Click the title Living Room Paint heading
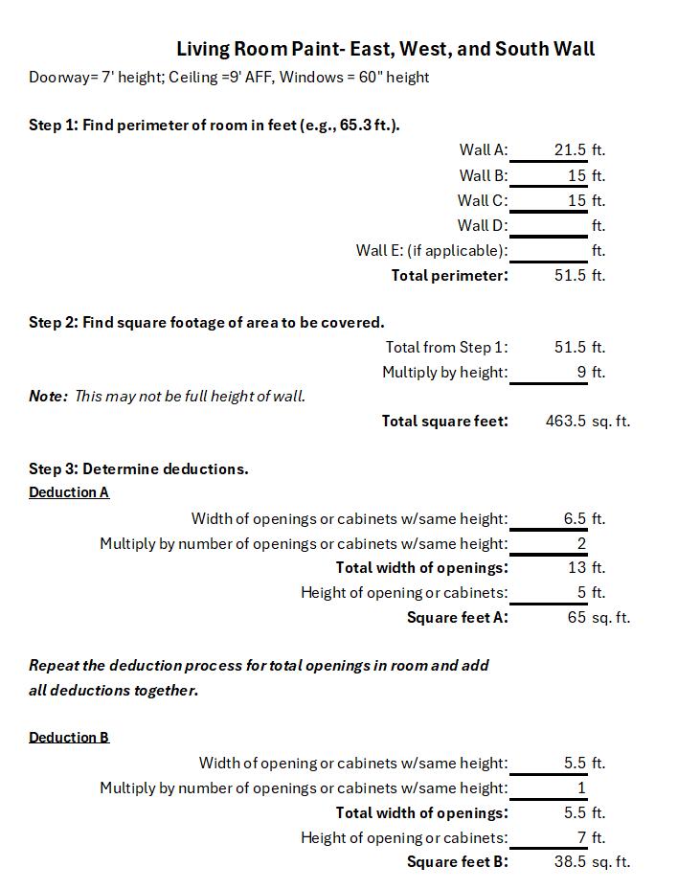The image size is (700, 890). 385,49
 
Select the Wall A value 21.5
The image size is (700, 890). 570,150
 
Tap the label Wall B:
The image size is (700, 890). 483,175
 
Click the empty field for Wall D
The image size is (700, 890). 548,226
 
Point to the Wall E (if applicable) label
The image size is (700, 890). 431,251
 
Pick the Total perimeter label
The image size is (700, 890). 449,276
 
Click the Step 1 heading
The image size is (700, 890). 214,125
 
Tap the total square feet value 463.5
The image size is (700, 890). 565,422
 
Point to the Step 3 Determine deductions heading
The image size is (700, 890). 138,469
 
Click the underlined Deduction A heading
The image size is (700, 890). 69,492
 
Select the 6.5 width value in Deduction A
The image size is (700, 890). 575,519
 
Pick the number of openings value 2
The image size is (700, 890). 580,544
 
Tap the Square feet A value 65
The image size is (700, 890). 576,618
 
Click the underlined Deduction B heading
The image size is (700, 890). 69,738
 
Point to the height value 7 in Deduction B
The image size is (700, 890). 580,838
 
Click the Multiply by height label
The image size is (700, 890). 444,373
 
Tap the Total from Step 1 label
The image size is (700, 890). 446,348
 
